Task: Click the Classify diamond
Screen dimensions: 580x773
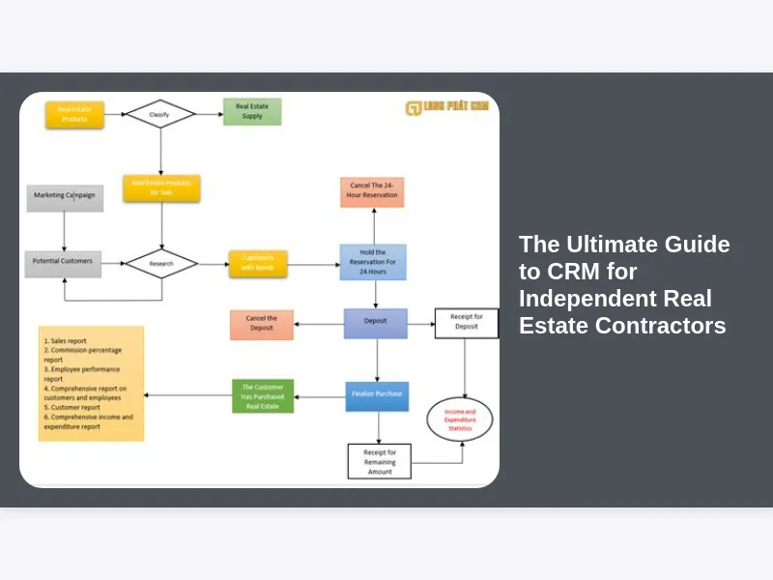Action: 160,114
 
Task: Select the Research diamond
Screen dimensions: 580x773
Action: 161,263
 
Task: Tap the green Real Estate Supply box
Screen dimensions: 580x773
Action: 252,111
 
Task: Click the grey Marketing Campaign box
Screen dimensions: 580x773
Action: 65,197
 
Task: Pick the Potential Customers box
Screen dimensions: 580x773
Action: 63,263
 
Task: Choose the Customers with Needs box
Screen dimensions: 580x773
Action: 258,263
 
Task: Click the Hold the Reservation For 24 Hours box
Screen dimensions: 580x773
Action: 373,261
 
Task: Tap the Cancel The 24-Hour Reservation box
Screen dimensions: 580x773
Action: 372,191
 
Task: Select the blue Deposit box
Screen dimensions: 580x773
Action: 376,324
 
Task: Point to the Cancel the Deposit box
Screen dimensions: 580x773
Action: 262,324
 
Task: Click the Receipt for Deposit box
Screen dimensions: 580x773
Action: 467,323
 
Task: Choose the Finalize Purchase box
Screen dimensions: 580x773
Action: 377,395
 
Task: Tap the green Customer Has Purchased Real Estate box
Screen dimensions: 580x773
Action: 263,395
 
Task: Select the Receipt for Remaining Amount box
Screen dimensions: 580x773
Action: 380,461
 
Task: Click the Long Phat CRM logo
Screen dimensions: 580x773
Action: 447,107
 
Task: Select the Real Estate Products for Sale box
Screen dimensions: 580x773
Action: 161,188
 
